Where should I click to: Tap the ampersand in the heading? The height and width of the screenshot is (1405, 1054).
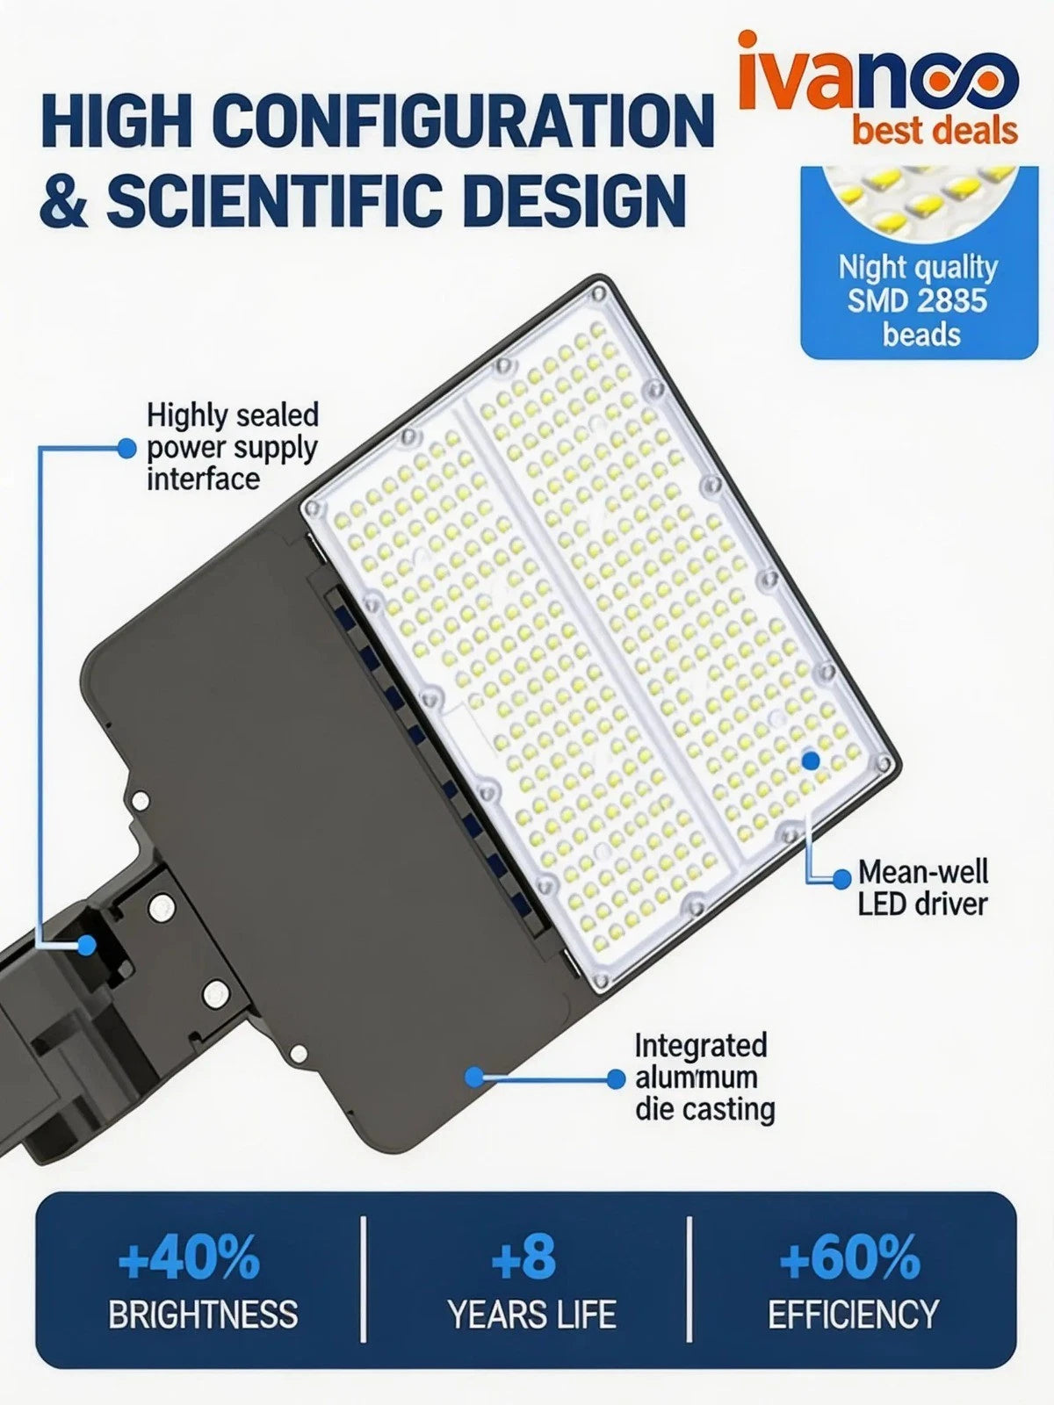coord(67,198)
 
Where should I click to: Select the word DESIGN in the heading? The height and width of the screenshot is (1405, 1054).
coord(574,198)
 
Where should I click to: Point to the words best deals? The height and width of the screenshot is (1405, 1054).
coord(935,132)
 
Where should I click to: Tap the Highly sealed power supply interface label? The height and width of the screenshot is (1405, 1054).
coord(232,446)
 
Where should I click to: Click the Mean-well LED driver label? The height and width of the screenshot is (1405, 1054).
coord(922,887)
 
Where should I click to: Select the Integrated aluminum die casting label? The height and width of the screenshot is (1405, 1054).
coord(704,1077)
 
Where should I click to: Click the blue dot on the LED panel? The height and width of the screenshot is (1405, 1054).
coord(811,760)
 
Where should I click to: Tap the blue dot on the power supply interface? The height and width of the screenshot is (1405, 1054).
coord(86,945)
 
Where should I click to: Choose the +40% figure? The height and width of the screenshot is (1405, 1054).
coord(189,1257)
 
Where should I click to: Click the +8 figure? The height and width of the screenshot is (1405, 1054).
coord(523,1257)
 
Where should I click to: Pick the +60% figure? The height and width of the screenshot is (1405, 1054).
coord(850,1257)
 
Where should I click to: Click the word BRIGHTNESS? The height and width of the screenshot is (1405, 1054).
coord(203,1315)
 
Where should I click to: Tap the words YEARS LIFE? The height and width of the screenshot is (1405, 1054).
coord(531,1315)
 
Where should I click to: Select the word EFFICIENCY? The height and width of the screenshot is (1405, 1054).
coord(853,1315)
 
